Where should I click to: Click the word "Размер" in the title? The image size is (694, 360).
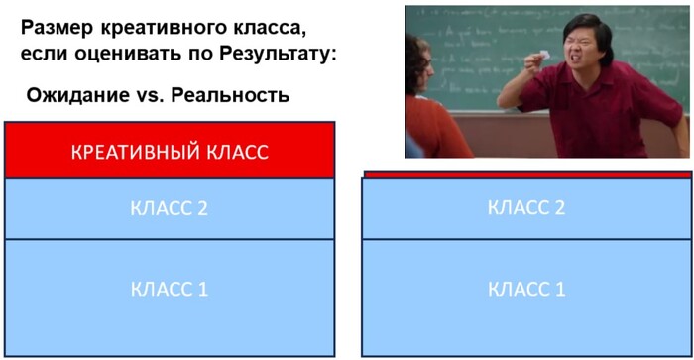pos(56,27)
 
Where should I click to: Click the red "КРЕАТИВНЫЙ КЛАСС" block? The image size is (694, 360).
pos(170,152)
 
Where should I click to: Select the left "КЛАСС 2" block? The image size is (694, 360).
pos(170,208)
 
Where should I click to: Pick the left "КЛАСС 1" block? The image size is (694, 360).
pos(170,290)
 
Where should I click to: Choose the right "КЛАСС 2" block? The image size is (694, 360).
pos(525,206)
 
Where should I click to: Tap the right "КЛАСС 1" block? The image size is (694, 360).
pos(525,290)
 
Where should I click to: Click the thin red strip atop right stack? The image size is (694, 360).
pos(525,174)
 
